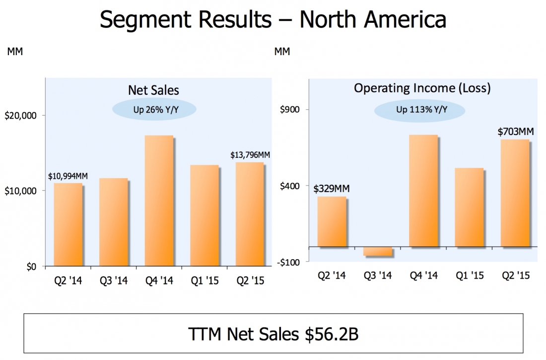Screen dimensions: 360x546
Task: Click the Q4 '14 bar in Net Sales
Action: (x=159, y=201)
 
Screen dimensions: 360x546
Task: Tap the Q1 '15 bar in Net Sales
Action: (x=205, y=216)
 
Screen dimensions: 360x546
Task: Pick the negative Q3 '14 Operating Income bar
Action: (x=377, y=251)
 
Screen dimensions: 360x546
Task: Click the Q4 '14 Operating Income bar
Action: (x=423, y=191)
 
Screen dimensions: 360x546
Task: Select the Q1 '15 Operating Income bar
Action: (x=469, y=208)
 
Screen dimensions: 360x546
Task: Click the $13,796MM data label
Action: (x=250, y=155)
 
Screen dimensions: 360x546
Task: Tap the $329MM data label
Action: (x=332, y=189)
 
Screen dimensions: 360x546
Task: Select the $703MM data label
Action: (x=516, y=132)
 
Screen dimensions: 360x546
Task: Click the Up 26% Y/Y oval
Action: (x=154, y=109)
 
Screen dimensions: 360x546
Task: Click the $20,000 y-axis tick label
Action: (x=21, y=116)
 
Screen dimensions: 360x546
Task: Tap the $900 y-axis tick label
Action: (x=290, y=110)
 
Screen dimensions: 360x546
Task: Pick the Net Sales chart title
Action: (x=153, y=90)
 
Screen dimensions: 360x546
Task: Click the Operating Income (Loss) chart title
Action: (x=422, y=88)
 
